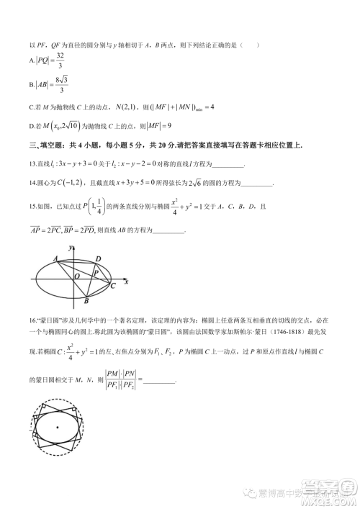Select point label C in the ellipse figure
pyautogui.click(x=112, y=286)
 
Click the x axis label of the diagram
pyautogui.click(x=126, y=281)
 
